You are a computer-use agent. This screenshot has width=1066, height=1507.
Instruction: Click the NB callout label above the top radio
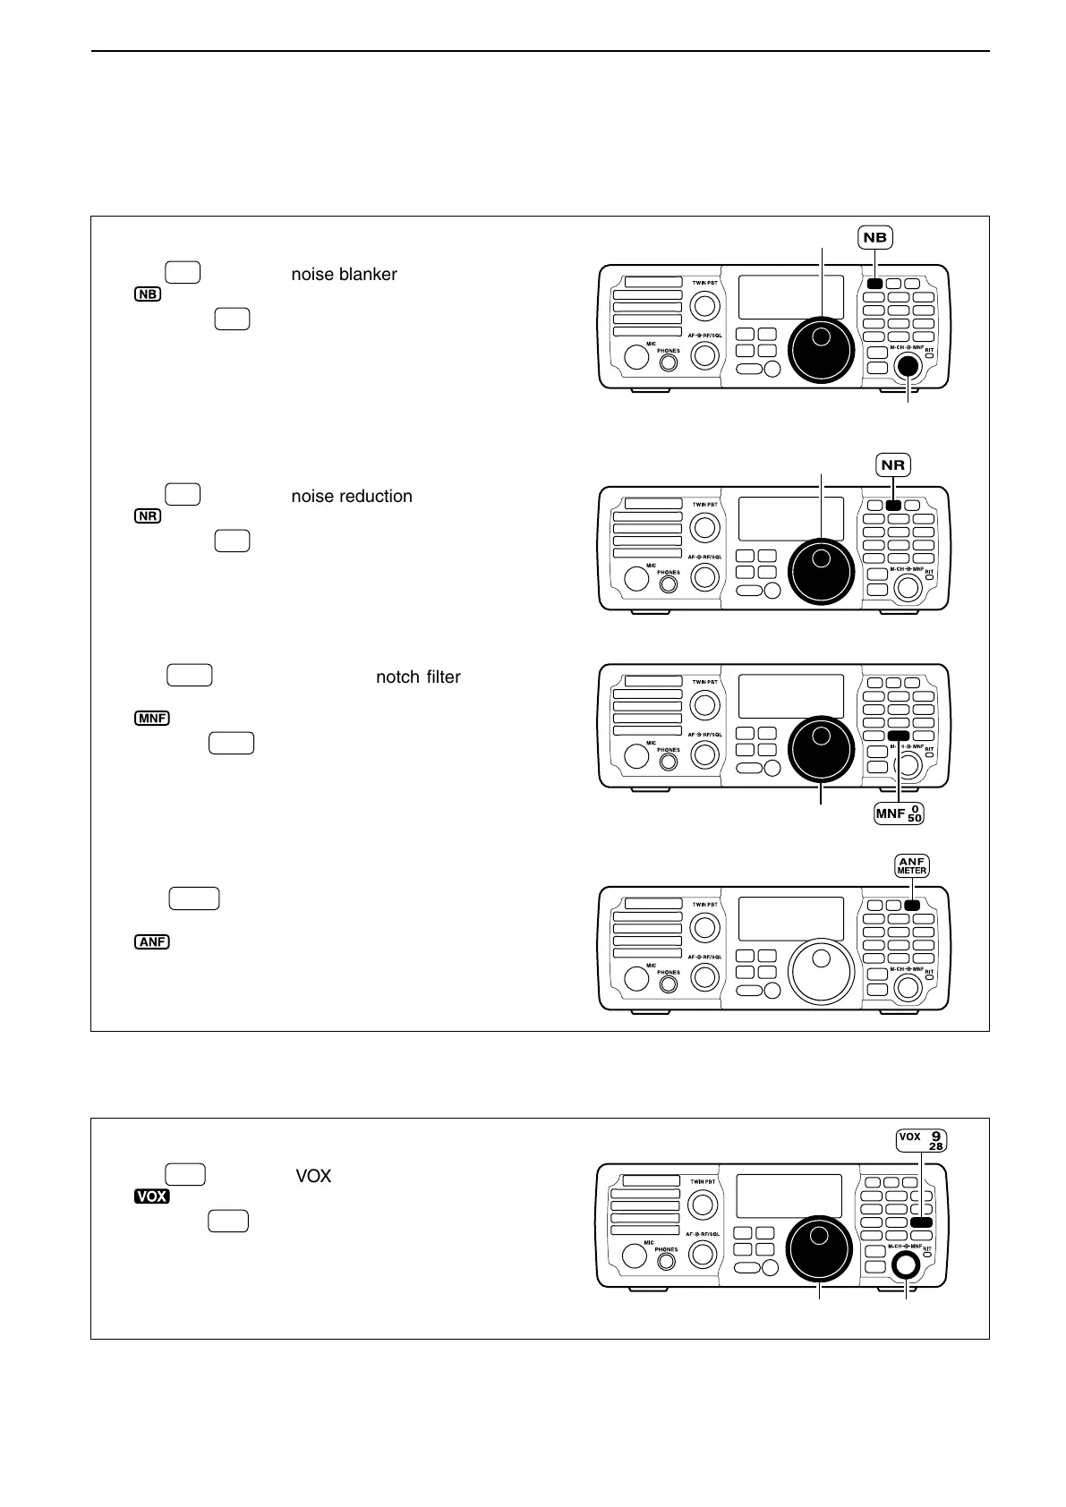875,237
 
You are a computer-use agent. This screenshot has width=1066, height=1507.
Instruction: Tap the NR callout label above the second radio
893,464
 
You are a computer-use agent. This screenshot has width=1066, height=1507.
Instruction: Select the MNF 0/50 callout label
899,813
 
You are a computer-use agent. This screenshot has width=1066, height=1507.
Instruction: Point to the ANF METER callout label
911,865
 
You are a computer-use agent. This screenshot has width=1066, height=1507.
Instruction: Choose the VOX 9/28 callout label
921,1140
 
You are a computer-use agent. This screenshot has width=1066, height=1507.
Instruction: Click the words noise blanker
344,274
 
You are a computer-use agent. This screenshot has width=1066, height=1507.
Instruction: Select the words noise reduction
352,496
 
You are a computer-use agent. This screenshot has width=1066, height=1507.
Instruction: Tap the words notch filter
418,677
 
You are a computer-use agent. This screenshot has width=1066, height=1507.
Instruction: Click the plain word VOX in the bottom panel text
313,1176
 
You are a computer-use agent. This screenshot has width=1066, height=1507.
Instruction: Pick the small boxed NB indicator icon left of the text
149,294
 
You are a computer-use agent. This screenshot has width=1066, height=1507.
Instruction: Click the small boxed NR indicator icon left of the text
149,516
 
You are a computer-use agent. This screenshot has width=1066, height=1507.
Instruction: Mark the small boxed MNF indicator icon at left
152,718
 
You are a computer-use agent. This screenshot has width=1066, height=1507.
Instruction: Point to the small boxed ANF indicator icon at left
152,941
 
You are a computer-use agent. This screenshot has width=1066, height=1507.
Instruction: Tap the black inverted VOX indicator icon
152,1196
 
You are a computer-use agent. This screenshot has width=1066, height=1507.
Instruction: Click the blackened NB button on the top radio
874,285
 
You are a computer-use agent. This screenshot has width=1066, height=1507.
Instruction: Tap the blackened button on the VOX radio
921,1222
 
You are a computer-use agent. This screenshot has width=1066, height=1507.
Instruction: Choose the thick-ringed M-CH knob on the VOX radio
906,1264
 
